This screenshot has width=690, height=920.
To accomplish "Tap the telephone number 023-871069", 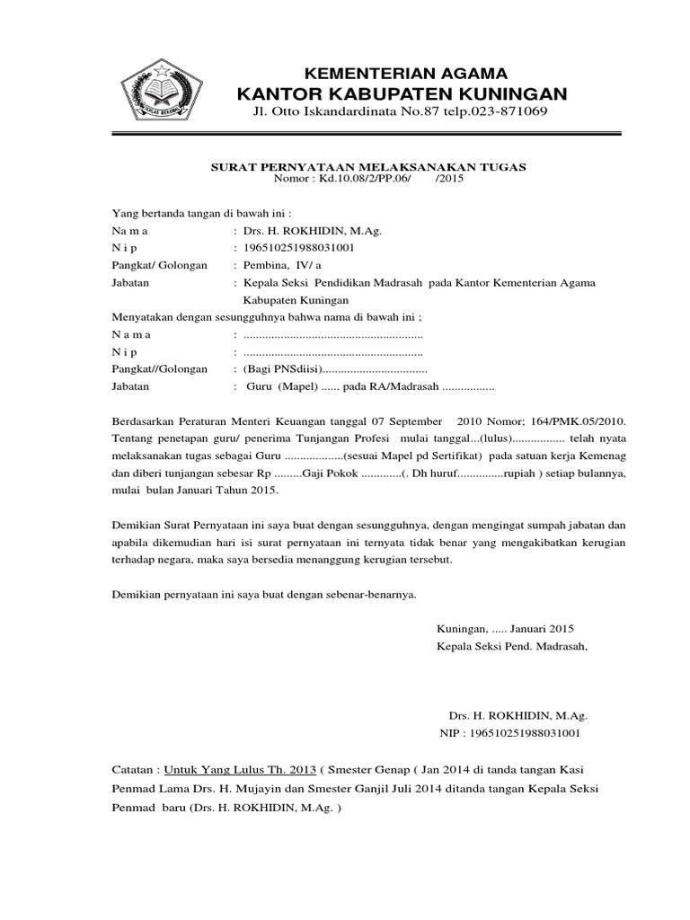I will click(x=506, y=111).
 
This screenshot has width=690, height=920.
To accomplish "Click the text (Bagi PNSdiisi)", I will click(x=282, y=369).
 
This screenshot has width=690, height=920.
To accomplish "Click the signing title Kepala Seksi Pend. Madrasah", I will click(x=512, y=646).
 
